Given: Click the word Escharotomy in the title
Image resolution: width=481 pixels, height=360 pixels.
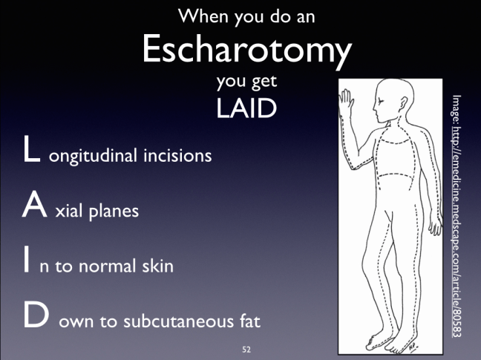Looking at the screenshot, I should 246,50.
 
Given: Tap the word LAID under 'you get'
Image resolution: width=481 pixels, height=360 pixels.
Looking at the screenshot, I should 247,108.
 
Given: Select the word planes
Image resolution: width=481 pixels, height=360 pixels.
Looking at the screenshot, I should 115,212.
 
